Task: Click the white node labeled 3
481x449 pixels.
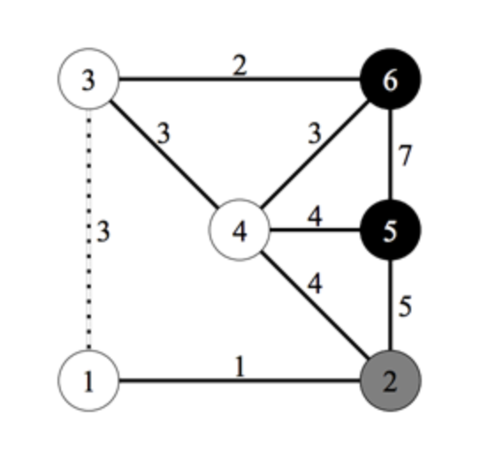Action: tap(88, 79)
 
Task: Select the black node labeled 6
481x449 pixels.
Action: tap(390, 79)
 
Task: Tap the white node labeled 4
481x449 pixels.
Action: tap(240, 230)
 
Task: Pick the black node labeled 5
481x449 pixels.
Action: tap(390, 230)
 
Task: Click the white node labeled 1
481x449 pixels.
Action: tap(88, 381)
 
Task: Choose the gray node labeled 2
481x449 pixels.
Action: tap(390, 381)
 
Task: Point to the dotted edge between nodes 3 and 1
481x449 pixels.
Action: tap(88, 230)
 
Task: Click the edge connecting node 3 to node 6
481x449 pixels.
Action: tap(240, 80)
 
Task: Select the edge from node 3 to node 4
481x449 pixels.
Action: tap(164, 155)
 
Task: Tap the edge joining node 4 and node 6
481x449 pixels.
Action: tap(315, 155)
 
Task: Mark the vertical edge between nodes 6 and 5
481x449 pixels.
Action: tap(390, 155)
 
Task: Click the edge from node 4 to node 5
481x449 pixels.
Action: tap(315, 230)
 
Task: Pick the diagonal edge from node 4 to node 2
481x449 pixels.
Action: tap(315, 305)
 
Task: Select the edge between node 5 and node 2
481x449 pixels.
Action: tap(390, 305)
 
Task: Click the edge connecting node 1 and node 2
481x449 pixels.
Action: tap(240, 381)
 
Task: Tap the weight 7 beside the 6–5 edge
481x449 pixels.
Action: tap(405, 156)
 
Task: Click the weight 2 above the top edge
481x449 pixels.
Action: tap(240, 65)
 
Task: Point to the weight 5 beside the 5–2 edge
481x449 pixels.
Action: tap(405, 306)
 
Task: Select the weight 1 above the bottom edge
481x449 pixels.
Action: tap(240, 366)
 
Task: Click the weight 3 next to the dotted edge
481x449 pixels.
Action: tap(103, 232)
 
